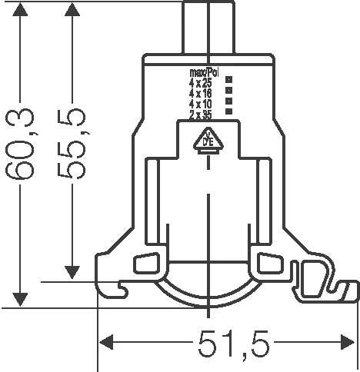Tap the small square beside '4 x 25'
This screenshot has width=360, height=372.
click(228, 80)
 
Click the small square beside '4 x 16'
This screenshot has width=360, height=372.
click(228, 90)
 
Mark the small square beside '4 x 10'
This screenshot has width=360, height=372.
click(228, 101)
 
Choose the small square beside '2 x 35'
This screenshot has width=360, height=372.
click(228, 111)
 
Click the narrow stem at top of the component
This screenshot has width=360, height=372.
click(207, 27)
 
